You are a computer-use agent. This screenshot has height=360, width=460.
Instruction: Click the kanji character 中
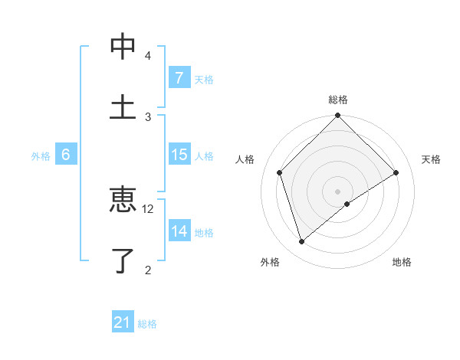coord(123,47)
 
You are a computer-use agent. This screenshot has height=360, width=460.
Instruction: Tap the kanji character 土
coord(123,106)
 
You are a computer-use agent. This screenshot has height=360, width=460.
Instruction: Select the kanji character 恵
coord(123,200)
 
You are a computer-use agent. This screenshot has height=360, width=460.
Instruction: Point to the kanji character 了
coord(123,260)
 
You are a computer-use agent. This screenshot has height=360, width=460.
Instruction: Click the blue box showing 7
coord(179,77)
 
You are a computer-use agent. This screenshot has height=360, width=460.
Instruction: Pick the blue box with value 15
coord(179,155)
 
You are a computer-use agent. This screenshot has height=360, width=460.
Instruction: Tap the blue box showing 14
coord(179,231)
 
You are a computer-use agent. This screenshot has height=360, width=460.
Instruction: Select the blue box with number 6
coord(66,155)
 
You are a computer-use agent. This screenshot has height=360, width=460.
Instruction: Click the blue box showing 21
coord(122,322)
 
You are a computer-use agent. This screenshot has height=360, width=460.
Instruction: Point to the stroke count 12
coord(148,208)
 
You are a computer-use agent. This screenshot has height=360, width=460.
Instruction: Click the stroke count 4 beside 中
coord(148,56)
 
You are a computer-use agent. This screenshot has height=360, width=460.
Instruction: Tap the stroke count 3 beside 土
coord(148,116)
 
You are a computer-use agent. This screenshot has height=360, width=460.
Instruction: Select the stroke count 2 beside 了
coord(148,269)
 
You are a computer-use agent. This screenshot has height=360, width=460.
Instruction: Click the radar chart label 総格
coord(338,100)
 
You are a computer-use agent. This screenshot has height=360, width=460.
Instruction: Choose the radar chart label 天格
coord(432,159)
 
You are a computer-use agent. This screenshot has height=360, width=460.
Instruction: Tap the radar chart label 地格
coord(402,262)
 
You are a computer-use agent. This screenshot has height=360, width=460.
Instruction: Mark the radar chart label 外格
coord(270,262)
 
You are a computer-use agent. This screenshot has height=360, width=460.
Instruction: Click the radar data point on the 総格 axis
coord(338,116)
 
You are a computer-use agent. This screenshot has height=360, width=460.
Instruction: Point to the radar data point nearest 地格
coord(347,204)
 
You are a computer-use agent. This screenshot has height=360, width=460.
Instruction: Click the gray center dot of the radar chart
coord(338,191)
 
